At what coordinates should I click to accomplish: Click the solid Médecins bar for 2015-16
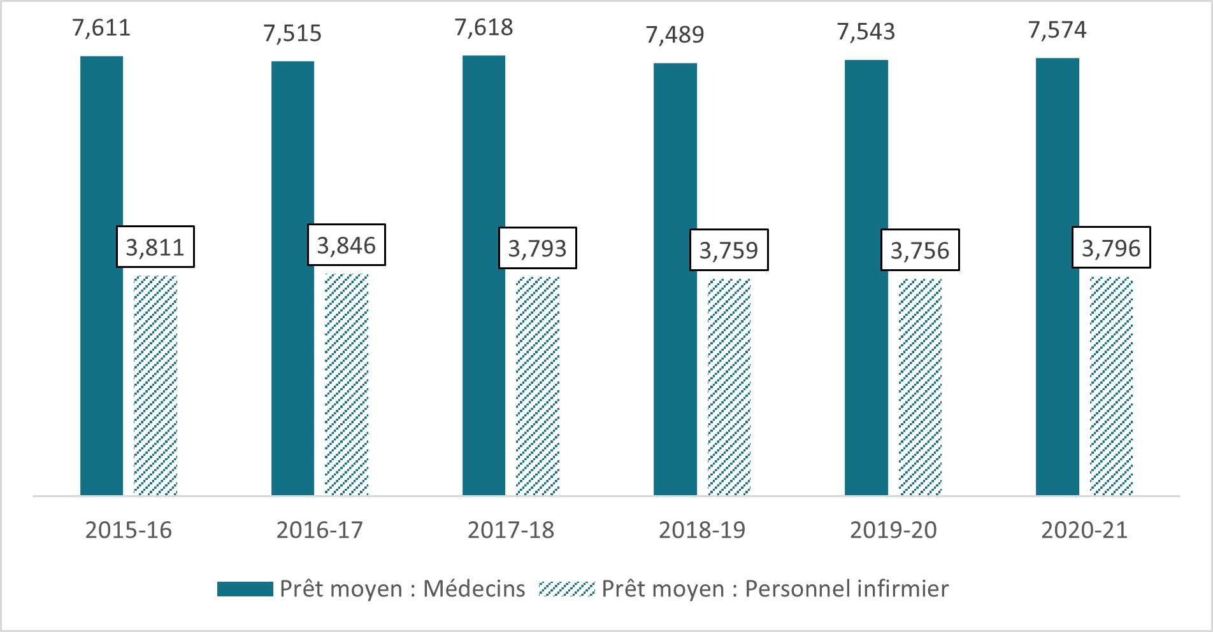[101, 276]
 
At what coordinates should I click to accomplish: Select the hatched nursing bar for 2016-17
[347, 384]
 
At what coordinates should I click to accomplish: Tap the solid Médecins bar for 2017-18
[484, 276]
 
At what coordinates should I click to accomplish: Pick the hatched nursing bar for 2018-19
[729, 387]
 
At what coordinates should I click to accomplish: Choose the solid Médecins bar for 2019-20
[866, 277]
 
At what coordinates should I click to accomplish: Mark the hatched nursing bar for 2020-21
[1111, 386]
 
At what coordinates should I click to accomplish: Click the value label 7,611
[101, 28]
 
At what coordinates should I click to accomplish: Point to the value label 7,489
[675, 34]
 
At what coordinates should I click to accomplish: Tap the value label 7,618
[484, 27]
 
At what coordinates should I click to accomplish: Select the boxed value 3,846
[347, 245]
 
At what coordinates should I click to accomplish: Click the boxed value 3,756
[920, 250]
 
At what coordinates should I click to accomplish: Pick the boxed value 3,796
[1111, 248]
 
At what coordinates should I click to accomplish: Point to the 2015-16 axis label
[129, 530]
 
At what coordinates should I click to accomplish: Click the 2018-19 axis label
[702, 530]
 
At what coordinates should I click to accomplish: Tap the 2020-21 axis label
[1084, 530]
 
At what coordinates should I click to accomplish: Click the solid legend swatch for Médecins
[245, 589]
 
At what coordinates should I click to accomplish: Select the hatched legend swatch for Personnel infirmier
[566, 589]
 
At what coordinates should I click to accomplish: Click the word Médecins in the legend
[474, 589]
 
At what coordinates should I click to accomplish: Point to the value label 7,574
[1057, 30]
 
